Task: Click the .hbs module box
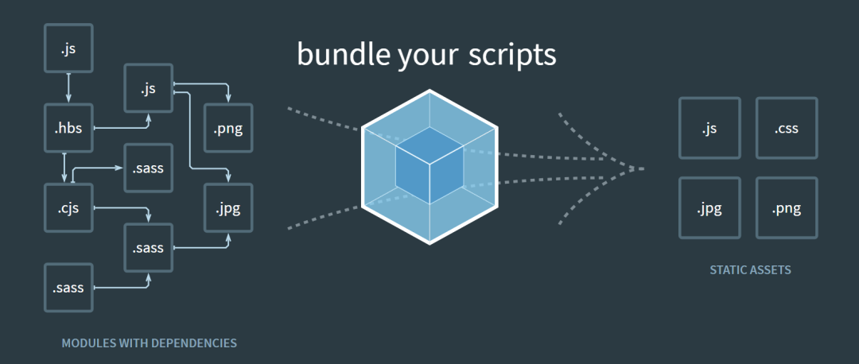click(68, 128)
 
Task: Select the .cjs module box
click(68, 208)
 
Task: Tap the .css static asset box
click(786, 128)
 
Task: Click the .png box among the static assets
click(786, 208)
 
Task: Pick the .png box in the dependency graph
click(228, 128)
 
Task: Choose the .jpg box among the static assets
click(709, 208)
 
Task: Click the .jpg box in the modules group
click(228, 208)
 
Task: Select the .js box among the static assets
click(709, 128)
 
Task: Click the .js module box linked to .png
click(148, 88)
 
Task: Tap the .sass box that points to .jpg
click(148, 248)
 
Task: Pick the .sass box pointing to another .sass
click(68, 288)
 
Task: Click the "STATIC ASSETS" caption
click(750, 270)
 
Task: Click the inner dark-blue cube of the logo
click(429, 163)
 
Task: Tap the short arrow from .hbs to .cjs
click(64, 168)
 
